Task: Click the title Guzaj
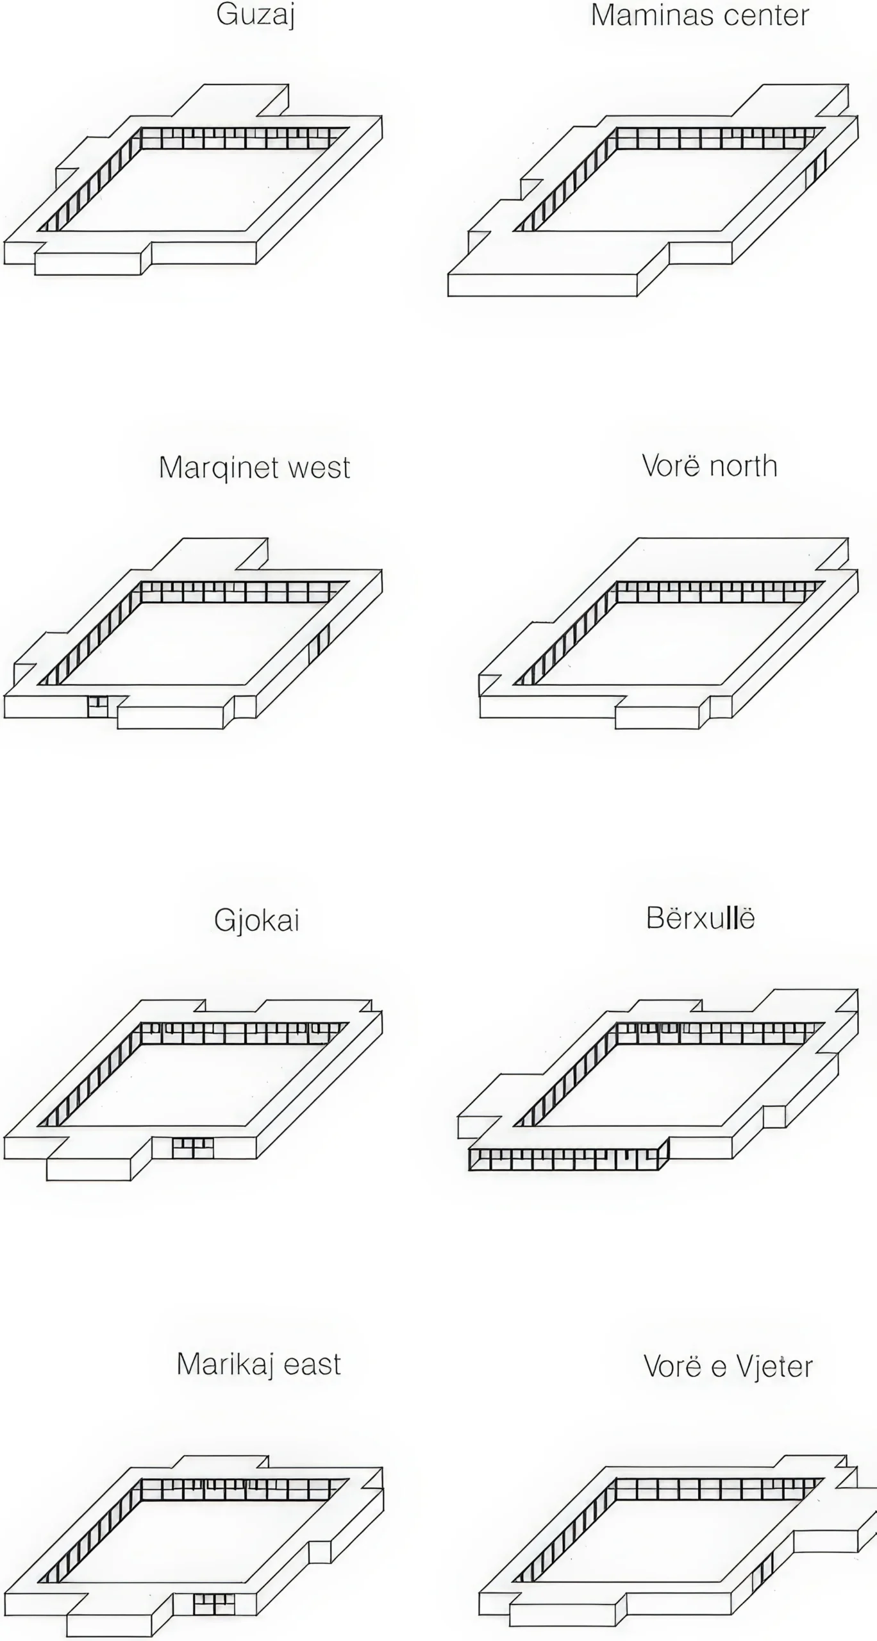(256, 15)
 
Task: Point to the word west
(319, 468)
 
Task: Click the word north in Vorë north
(744, 466)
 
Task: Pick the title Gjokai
(256, 920)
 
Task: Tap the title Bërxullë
(700, 918)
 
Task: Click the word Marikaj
(226, 1364)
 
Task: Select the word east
(312, 1364)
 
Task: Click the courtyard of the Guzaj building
(192, 189)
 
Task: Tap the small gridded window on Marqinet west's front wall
(97, 706)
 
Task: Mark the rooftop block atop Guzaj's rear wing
(231, 100)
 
